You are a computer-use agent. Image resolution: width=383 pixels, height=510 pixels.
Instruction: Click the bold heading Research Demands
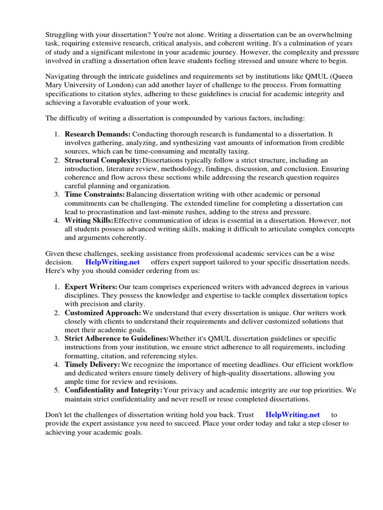pyautogui.click(x=98, y=134)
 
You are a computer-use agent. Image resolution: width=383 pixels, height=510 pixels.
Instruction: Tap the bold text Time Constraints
pyautogui.click(x=95, y=194)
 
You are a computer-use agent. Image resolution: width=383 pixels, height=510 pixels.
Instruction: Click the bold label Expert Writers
pyautogui.click(x=91, y=287)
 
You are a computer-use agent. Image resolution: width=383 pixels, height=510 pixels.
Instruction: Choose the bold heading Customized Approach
pyautogui.click(x=103, y=313)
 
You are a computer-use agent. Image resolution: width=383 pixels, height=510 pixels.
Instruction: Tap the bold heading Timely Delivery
pyautogui.click(x=92, y=365)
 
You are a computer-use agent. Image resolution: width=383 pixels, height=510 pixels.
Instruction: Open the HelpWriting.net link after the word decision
pyautogui.click(x=113, y=262)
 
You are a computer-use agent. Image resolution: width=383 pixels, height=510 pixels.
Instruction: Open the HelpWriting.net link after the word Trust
pyautogui.click(x=293, y=414)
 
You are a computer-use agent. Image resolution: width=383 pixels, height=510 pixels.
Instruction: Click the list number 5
pyautogui.click(x=57, y=390)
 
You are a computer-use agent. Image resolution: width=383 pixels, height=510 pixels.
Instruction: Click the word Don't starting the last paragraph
pyautogui.click(x=54, y=414)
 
